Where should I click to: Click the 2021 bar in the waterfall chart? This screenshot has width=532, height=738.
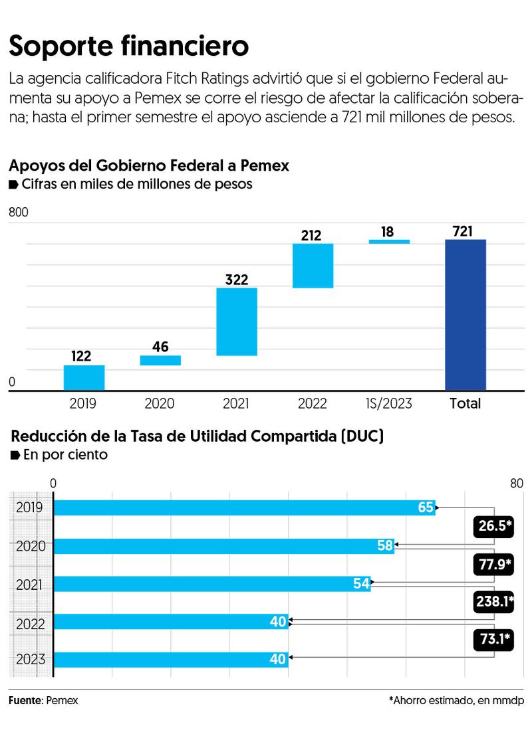237,322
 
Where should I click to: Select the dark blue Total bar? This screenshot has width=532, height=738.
465,315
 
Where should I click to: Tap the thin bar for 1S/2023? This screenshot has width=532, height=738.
389,242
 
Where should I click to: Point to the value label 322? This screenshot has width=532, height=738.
237,279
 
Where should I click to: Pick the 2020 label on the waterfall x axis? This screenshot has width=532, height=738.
160,403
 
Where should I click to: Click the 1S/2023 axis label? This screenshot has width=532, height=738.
389,403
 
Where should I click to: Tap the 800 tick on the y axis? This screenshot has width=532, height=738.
18,213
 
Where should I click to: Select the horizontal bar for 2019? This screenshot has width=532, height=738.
244,507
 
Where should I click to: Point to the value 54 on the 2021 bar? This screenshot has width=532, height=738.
362,584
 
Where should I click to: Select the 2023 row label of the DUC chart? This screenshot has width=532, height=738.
30,660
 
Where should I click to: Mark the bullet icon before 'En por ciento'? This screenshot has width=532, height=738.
15,455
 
